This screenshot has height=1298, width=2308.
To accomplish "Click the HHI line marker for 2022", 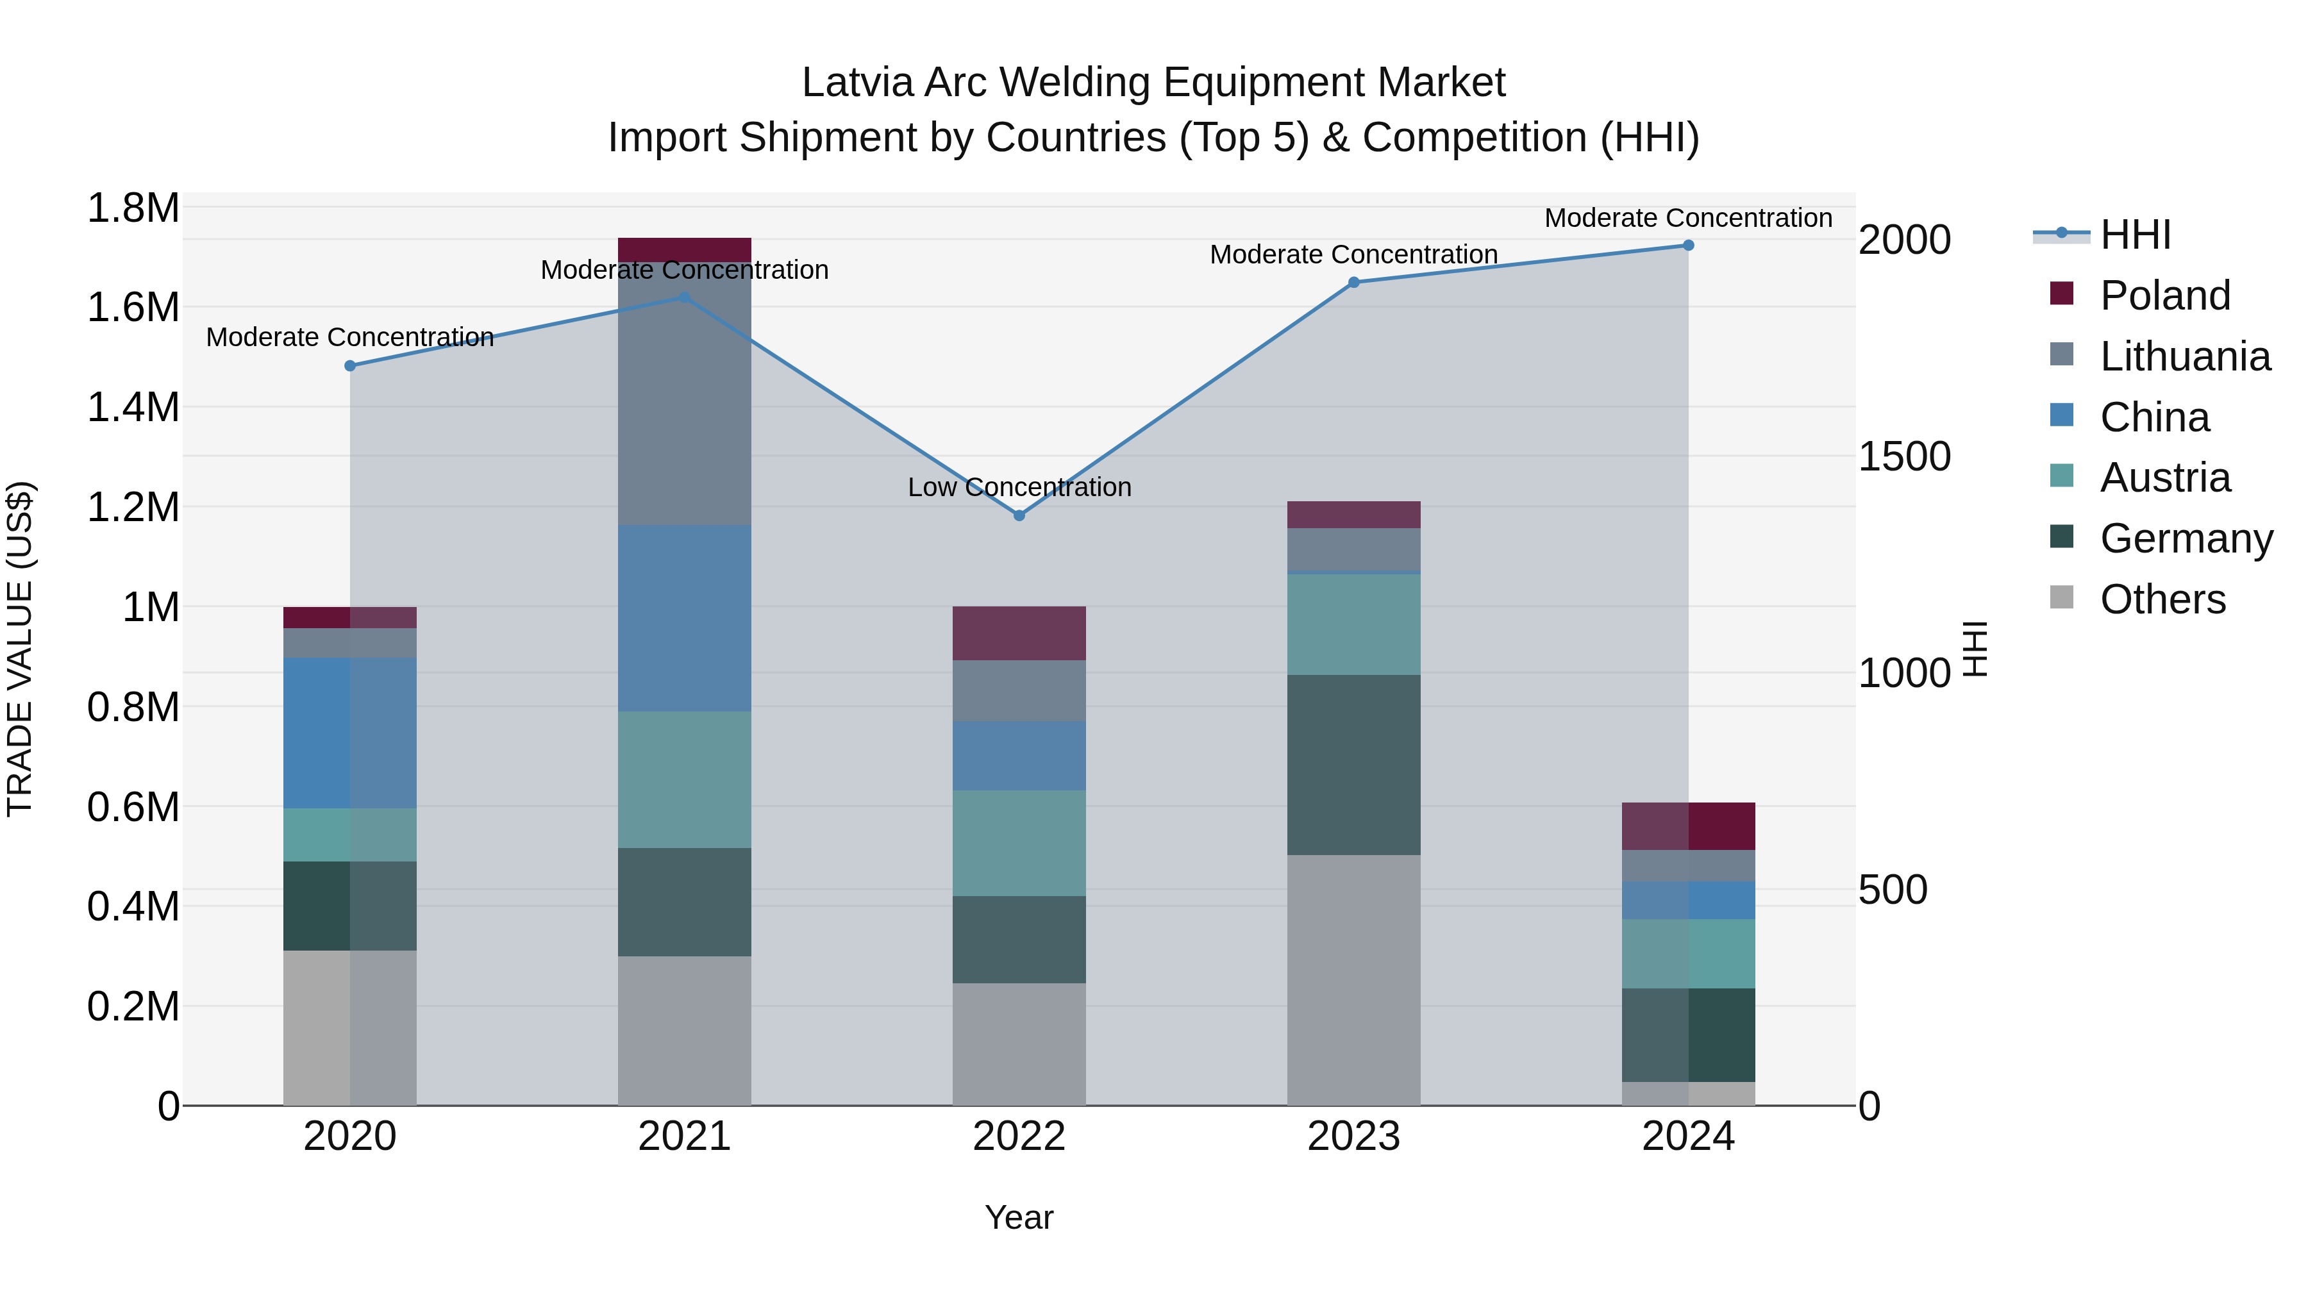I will click(x=1019, y=516).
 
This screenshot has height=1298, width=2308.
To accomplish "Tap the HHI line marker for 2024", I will click(x=1688, y=245).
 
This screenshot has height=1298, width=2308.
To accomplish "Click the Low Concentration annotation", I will click(x=1019, y=487).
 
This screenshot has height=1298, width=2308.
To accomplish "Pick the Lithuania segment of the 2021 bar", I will click(x=685, y=394).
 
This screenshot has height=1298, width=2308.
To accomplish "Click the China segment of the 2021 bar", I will click(x=685, y=618).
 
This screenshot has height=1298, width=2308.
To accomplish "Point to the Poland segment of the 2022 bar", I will click(x=1019, y=633).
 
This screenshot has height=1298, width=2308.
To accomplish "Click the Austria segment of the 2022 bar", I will click(x=1019, y=843).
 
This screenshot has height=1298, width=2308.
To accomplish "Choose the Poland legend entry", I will click(x=2164, y=295).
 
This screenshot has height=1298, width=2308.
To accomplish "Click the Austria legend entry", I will click(x=2164, y=478).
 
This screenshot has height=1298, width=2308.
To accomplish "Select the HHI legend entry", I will click(x=2135, y=235).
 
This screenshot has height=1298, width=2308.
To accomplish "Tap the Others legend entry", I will click(x=2162, y=599).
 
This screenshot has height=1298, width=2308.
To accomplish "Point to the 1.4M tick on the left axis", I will click(x=133, y=408).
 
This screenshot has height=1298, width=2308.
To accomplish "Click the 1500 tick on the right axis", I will click(x=1904, y=457).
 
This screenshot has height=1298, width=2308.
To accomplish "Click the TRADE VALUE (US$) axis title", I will click(x=21, y=649).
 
